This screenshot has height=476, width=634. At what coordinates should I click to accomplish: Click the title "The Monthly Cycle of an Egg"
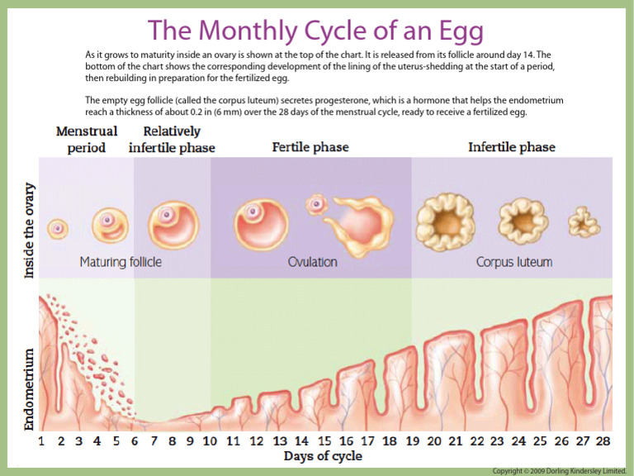click(316, 31)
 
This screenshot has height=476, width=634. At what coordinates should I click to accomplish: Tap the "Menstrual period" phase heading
click(86, 139)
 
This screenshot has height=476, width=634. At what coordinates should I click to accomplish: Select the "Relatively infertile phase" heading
click(172, 139)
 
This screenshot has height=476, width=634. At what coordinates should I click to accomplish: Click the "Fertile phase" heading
click(310, 148)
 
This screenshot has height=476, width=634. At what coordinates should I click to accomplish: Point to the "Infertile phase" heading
click(512, 148)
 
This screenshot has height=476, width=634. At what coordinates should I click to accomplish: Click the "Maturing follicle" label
click(121, 262)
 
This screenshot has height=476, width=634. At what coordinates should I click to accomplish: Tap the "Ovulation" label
click(312, 262)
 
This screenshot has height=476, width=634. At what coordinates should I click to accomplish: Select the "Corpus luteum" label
click(514, 262)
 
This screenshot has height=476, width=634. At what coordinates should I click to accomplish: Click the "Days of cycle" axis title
click(322, 456)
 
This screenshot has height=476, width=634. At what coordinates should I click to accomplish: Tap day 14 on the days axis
click(302, 440)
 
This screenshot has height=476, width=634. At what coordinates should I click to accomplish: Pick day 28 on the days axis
click(603, 440)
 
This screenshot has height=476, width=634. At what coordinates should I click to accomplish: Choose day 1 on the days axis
click(41, 440)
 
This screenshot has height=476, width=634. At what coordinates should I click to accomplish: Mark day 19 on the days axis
click(413, 440)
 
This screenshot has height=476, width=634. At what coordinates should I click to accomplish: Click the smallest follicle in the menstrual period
click(57, 227)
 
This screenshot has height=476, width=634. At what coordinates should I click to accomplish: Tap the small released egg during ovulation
click(315, 203)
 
